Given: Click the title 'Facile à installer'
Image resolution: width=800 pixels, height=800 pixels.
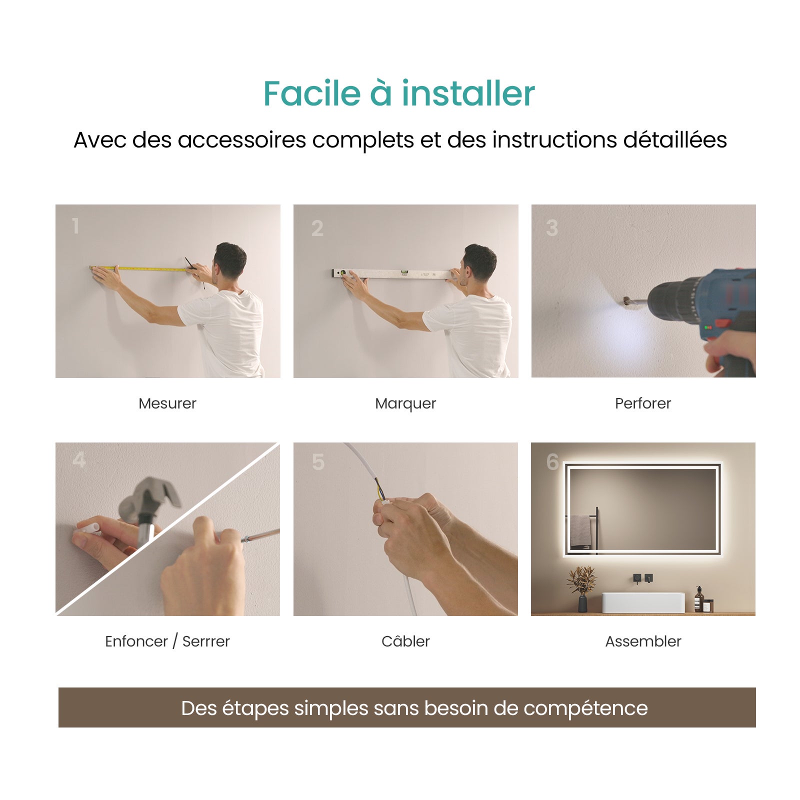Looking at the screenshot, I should [x=399, y=93].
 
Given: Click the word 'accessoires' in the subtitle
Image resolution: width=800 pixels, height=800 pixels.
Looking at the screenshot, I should [x=241, y=140].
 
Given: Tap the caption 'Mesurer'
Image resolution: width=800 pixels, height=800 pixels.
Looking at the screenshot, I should [x=167, y=403].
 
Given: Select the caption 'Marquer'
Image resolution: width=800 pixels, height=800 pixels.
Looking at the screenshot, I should [x=405, y=403].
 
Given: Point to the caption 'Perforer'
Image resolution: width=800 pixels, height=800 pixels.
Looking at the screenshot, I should [x=643, y=403].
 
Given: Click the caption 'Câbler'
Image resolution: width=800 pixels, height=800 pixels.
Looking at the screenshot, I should [x=405, y=641].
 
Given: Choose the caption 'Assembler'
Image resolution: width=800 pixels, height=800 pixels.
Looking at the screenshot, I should [x=643, y=641].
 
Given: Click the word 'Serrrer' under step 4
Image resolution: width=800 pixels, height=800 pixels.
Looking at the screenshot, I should [x=206, y=641].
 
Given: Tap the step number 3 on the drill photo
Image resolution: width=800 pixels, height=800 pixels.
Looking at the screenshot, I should [x=551, y=228].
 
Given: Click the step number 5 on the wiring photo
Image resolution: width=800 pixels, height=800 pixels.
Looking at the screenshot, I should [x=318, y=462].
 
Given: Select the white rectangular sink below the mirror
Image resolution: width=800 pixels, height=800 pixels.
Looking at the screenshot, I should [x=643, y=602].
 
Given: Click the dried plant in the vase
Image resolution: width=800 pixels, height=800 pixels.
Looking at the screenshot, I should [x=582, y=580].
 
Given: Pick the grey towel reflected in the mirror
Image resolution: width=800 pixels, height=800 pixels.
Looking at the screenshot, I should [x=580, y=531].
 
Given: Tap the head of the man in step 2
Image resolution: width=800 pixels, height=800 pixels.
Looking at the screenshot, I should [x=479, y=262].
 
